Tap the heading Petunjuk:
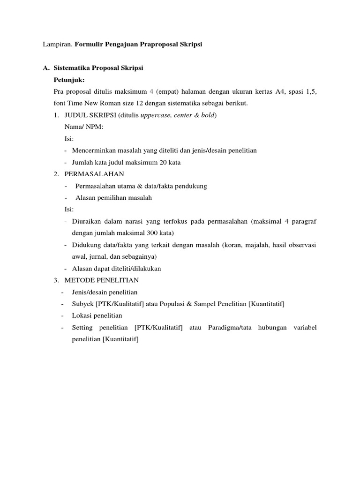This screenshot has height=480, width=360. pyautogui.click(x=69, y=80)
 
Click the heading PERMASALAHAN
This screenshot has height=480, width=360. pyautogui.click(x=94, y=174)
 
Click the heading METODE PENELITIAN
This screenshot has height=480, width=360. pyautogui.click(x=102, y=280)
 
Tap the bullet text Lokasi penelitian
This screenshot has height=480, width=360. pyautogui.click(x=97, y=315)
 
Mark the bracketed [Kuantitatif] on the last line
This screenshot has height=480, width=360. pyautogui.click(x=120, y=339)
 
